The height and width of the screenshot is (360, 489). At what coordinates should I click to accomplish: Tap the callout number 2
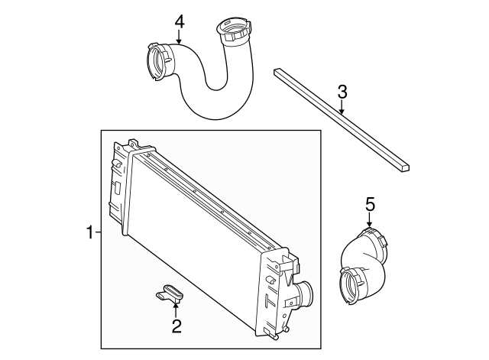(x=176, y=327)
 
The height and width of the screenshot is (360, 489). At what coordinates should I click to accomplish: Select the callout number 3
(x=342, y=92)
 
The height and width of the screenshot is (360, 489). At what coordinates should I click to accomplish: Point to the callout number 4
(x=179, y=21)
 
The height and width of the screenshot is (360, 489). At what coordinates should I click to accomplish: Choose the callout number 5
(x=370, y=204)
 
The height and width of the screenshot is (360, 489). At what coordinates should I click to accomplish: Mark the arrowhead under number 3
(x=342, y=112)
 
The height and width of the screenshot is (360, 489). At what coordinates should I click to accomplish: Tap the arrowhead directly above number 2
(x=176, y=306)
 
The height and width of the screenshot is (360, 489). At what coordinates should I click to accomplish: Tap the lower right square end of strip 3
(x=406, y=166)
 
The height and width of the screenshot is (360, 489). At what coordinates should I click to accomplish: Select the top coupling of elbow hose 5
(x=374, y=236)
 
